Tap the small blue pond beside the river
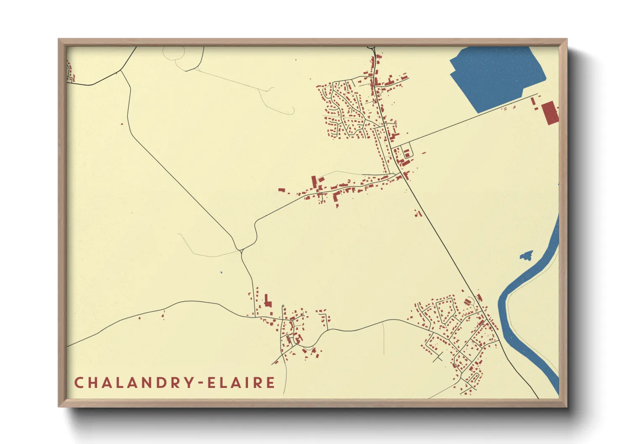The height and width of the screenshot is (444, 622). tap(526, 255)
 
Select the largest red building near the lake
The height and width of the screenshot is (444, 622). tap(549, 113)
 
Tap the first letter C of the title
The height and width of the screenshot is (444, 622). tap(79, 383)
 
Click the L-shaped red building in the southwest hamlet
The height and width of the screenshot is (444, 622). tap(267, 301)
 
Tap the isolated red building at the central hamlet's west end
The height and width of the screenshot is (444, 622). tap(282, 190)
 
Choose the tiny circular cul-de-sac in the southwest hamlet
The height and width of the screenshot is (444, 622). tap(283, 306)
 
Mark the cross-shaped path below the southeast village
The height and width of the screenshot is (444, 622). tap(438, 358)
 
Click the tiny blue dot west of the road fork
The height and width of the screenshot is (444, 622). tap(221, 272)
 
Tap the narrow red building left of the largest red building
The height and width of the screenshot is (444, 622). tap(533, 101)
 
